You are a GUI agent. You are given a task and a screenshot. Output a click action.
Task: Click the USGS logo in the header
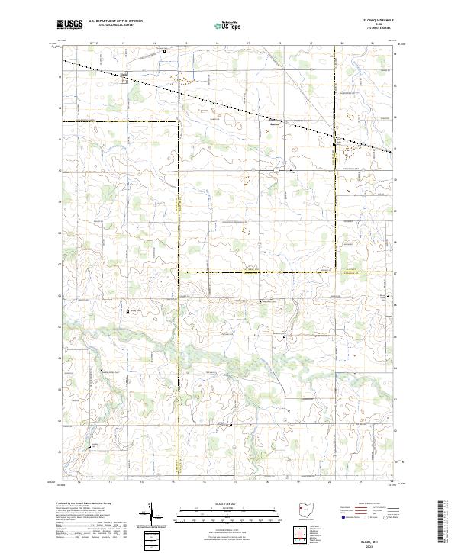[x=70, y=24]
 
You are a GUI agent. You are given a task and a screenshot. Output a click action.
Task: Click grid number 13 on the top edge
[x=123, y=43]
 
